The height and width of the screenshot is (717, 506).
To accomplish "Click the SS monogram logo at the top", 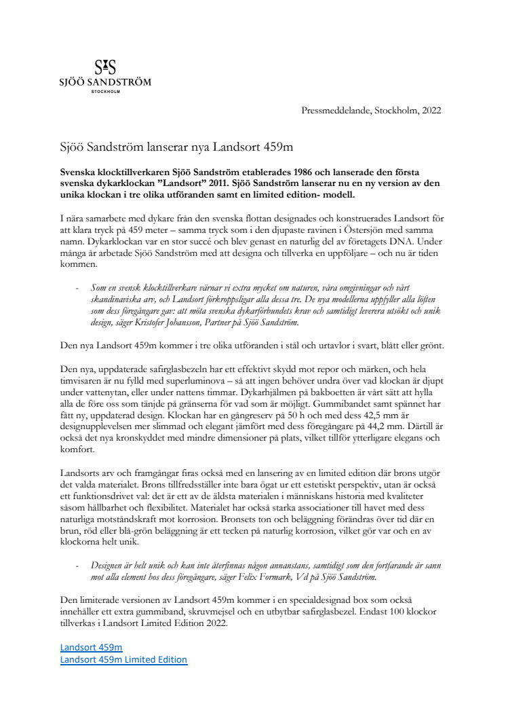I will coord(104,67).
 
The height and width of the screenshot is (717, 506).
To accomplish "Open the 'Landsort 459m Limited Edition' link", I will coord(123,659).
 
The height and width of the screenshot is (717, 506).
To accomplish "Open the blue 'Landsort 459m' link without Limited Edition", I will coord(91,648).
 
